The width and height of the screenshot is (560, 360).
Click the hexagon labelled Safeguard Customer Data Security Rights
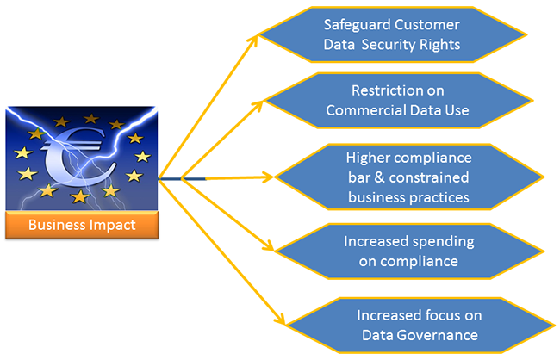click(x=392, y=35)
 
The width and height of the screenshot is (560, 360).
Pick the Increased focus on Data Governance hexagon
click(x=418, y=324)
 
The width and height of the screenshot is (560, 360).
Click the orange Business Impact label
click(x=82, y=226)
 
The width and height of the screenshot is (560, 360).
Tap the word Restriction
click(x=385, y=90)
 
